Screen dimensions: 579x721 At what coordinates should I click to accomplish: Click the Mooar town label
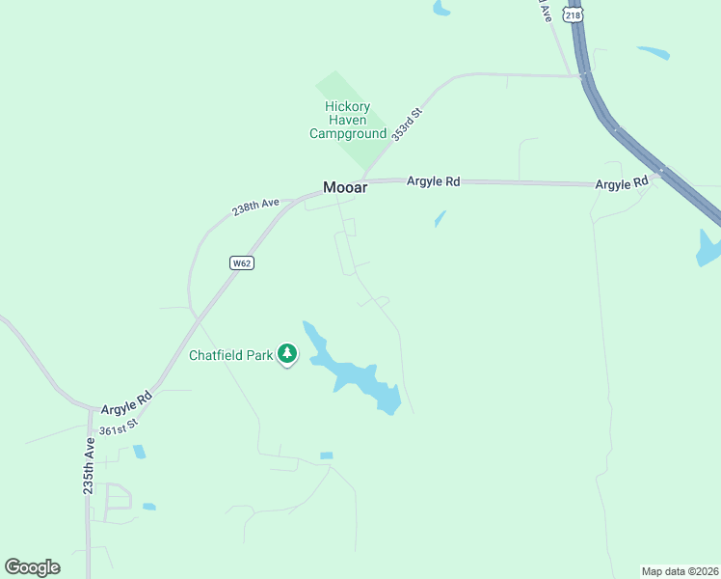344,188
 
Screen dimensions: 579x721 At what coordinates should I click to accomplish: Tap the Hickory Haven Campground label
347,121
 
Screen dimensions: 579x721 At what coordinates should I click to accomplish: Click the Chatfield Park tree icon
286,354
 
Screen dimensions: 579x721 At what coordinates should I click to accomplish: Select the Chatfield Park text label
231,355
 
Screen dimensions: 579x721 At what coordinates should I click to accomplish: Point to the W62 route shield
242,263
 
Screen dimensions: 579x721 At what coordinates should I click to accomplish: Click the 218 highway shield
574,15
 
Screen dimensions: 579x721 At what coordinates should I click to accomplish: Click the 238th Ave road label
255,207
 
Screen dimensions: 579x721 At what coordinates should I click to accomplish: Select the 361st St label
120,425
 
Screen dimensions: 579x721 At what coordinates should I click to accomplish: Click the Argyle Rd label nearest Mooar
433,180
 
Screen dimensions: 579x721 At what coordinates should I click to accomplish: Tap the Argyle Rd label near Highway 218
622,184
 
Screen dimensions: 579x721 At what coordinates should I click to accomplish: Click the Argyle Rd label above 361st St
126,403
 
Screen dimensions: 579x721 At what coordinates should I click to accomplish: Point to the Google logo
32,567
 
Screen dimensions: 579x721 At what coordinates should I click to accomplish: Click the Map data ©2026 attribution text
680,570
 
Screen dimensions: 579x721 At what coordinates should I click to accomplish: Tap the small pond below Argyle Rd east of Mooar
441,219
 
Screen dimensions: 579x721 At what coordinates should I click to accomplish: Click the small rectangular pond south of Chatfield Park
326,455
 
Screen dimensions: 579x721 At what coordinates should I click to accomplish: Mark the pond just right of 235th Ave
140,451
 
